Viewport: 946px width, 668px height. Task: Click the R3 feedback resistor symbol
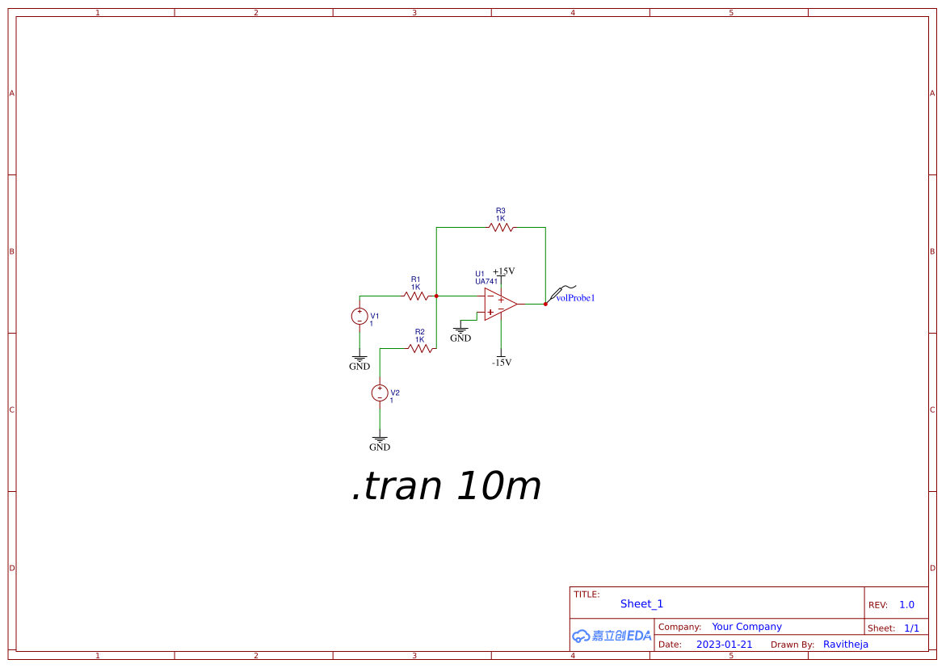[x=501, y=228]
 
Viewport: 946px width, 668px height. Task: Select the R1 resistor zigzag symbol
[x=416, y=296]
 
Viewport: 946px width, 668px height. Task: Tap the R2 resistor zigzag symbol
[x=420, y=348]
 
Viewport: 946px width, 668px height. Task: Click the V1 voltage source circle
[x=359, y=316]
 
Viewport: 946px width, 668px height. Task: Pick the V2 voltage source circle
[x=380, y=393]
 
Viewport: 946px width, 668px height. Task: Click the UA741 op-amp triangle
[x=499, y=305]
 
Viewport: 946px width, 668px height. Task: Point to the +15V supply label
[x=504, y=271]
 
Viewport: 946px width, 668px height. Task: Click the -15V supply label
[x=502, y=362]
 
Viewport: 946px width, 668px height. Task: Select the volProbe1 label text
[x=575, y=297]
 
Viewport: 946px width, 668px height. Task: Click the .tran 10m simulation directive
[x=447, y=485]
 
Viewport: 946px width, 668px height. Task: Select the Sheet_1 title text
[x=641, y=604]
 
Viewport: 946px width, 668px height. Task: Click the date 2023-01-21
[x=724, y=645]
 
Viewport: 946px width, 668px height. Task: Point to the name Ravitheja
[x=845, y=645]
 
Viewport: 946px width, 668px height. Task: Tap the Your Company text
[x=746, y=626]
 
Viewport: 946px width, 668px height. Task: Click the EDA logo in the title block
[x=612, y=636]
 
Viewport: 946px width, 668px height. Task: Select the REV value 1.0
[x=906, y=605]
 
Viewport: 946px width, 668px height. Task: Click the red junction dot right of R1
[x=436, y=296]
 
